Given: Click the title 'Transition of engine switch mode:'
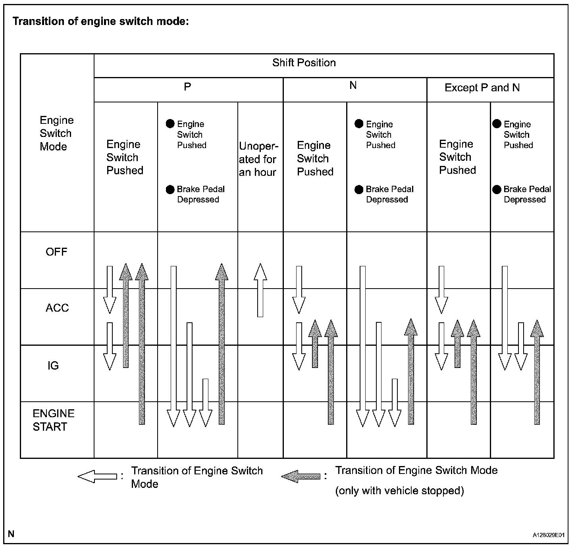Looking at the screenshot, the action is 100,21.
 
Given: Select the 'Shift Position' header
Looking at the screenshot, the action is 304,63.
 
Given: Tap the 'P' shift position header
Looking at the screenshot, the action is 188,87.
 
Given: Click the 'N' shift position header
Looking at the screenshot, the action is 353,85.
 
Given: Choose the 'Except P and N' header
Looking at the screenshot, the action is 482,88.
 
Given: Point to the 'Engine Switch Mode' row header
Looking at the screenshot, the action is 56,133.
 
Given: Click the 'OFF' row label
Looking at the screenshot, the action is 56,252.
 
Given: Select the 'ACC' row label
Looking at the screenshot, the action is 57,308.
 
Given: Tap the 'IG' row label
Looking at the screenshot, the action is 53,366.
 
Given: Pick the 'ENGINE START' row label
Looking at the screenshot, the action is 53,420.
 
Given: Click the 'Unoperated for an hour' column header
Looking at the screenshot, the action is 258,159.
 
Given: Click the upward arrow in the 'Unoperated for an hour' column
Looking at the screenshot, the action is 260,290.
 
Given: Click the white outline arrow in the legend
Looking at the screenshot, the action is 97,476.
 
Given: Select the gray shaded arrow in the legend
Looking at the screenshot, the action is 301,476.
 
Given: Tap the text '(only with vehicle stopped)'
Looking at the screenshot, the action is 399,491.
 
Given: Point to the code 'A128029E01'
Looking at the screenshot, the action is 549,535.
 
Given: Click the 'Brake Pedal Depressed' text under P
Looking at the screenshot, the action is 201,194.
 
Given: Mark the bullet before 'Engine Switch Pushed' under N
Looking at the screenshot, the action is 359,124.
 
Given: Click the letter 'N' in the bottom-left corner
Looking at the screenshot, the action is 11,534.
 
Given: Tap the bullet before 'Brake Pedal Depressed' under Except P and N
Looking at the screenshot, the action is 497,189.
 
